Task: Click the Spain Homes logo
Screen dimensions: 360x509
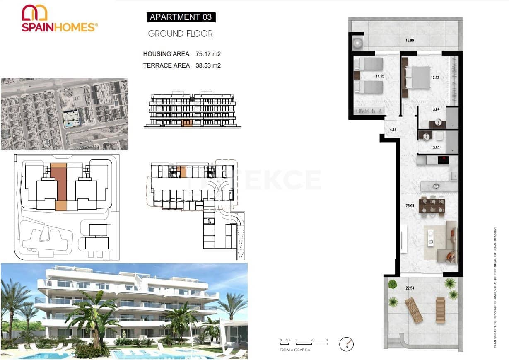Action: point(59,18)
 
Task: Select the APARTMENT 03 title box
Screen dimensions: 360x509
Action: point(181,17)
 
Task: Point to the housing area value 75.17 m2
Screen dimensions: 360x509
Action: point(208,54)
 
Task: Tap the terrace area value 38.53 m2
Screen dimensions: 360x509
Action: point(208,65)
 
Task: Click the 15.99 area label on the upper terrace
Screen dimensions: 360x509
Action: point(409,40)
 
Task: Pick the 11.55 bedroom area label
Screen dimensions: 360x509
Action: point(380,76)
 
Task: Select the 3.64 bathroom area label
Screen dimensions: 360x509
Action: point(436,110)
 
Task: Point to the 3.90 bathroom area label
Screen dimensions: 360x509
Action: point(436,148)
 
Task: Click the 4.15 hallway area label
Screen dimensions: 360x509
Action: point(393,130)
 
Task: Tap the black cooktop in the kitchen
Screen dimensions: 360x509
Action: point(443,159)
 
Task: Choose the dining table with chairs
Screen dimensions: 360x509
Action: point(432,205)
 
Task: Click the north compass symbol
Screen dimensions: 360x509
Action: point(347,343)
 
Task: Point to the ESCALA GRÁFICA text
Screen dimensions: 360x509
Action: point(295,350)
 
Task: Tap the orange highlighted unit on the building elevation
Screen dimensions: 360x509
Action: point(188,123)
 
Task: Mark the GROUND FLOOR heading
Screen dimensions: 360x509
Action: point(181,34)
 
